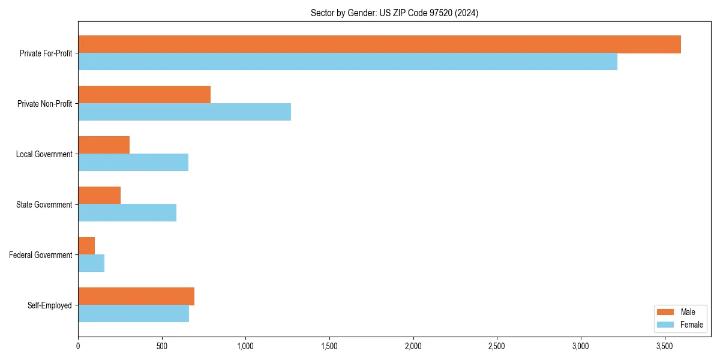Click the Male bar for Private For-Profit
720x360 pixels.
(379, 44)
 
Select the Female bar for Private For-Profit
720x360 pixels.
(347, 62)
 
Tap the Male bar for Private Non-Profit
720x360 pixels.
(144, 95)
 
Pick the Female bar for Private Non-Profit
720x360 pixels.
(184, 112)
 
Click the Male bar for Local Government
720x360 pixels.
(104, 145)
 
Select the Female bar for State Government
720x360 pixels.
(127, 213)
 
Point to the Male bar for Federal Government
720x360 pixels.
(86, 246)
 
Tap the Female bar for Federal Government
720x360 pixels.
(91, 263)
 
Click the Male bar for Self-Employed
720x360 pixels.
(136, 296)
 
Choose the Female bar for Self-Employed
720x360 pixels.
(133, 314)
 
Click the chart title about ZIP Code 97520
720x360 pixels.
(394, 13)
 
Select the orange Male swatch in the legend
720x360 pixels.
(666, 312)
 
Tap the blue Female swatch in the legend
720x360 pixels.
(666, 325)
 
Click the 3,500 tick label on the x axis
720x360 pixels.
(664, 346)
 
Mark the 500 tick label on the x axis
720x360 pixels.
(162, 346)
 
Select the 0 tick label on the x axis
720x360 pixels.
(78, 346)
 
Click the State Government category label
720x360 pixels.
(44, 205)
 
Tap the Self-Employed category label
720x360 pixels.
(49, 305)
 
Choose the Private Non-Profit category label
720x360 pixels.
(44, 104)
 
